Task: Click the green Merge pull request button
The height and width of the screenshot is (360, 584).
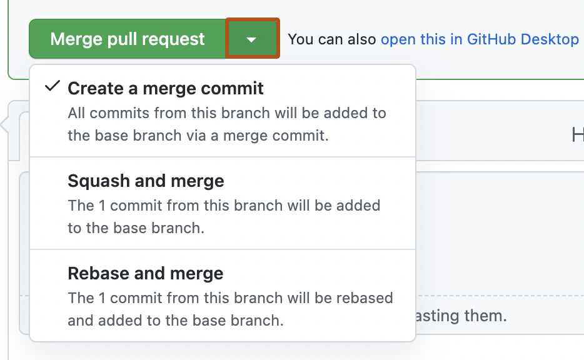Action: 128,39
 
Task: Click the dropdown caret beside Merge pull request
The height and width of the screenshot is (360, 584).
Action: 251,39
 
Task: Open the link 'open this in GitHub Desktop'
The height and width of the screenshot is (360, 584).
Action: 480,39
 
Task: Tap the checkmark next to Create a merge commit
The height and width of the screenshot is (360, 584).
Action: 53,87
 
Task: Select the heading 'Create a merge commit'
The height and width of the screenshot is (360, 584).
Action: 166,88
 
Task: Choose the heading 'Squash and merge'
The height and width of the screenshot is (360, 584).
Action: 146,181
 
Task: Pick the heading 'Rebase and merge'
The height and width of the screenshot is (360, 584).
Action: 145,274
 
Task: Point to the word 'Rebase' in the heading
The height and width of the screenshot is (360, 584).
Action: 95,274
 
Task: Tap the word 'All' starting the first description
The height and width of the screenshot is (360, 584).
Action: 76,113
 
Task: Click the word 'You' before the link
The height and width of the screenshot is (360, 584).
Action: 300,39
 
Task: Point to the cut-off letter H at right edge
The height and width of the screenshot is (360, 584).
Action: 578,134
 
